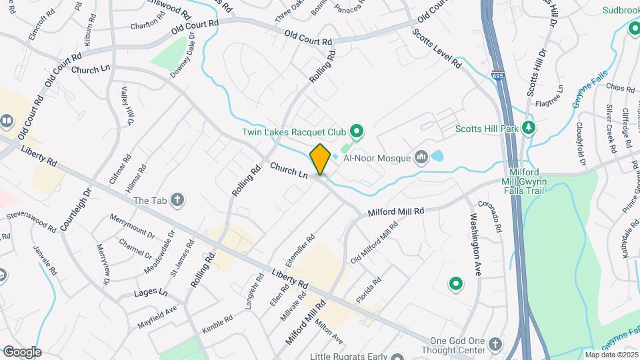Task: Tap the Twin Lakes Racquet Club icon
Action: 356,131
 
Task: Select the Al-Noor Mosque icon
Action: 421,158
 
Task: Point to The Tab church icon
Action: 177,199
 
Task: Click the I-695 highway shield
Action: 498,76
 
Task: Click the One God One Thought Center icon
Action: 494,344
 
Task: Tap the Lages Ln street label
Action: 149,293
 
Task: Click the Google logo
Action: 21,351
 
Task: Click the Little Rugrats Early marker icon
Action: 398,357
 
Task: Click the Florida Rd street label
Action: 368,291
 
